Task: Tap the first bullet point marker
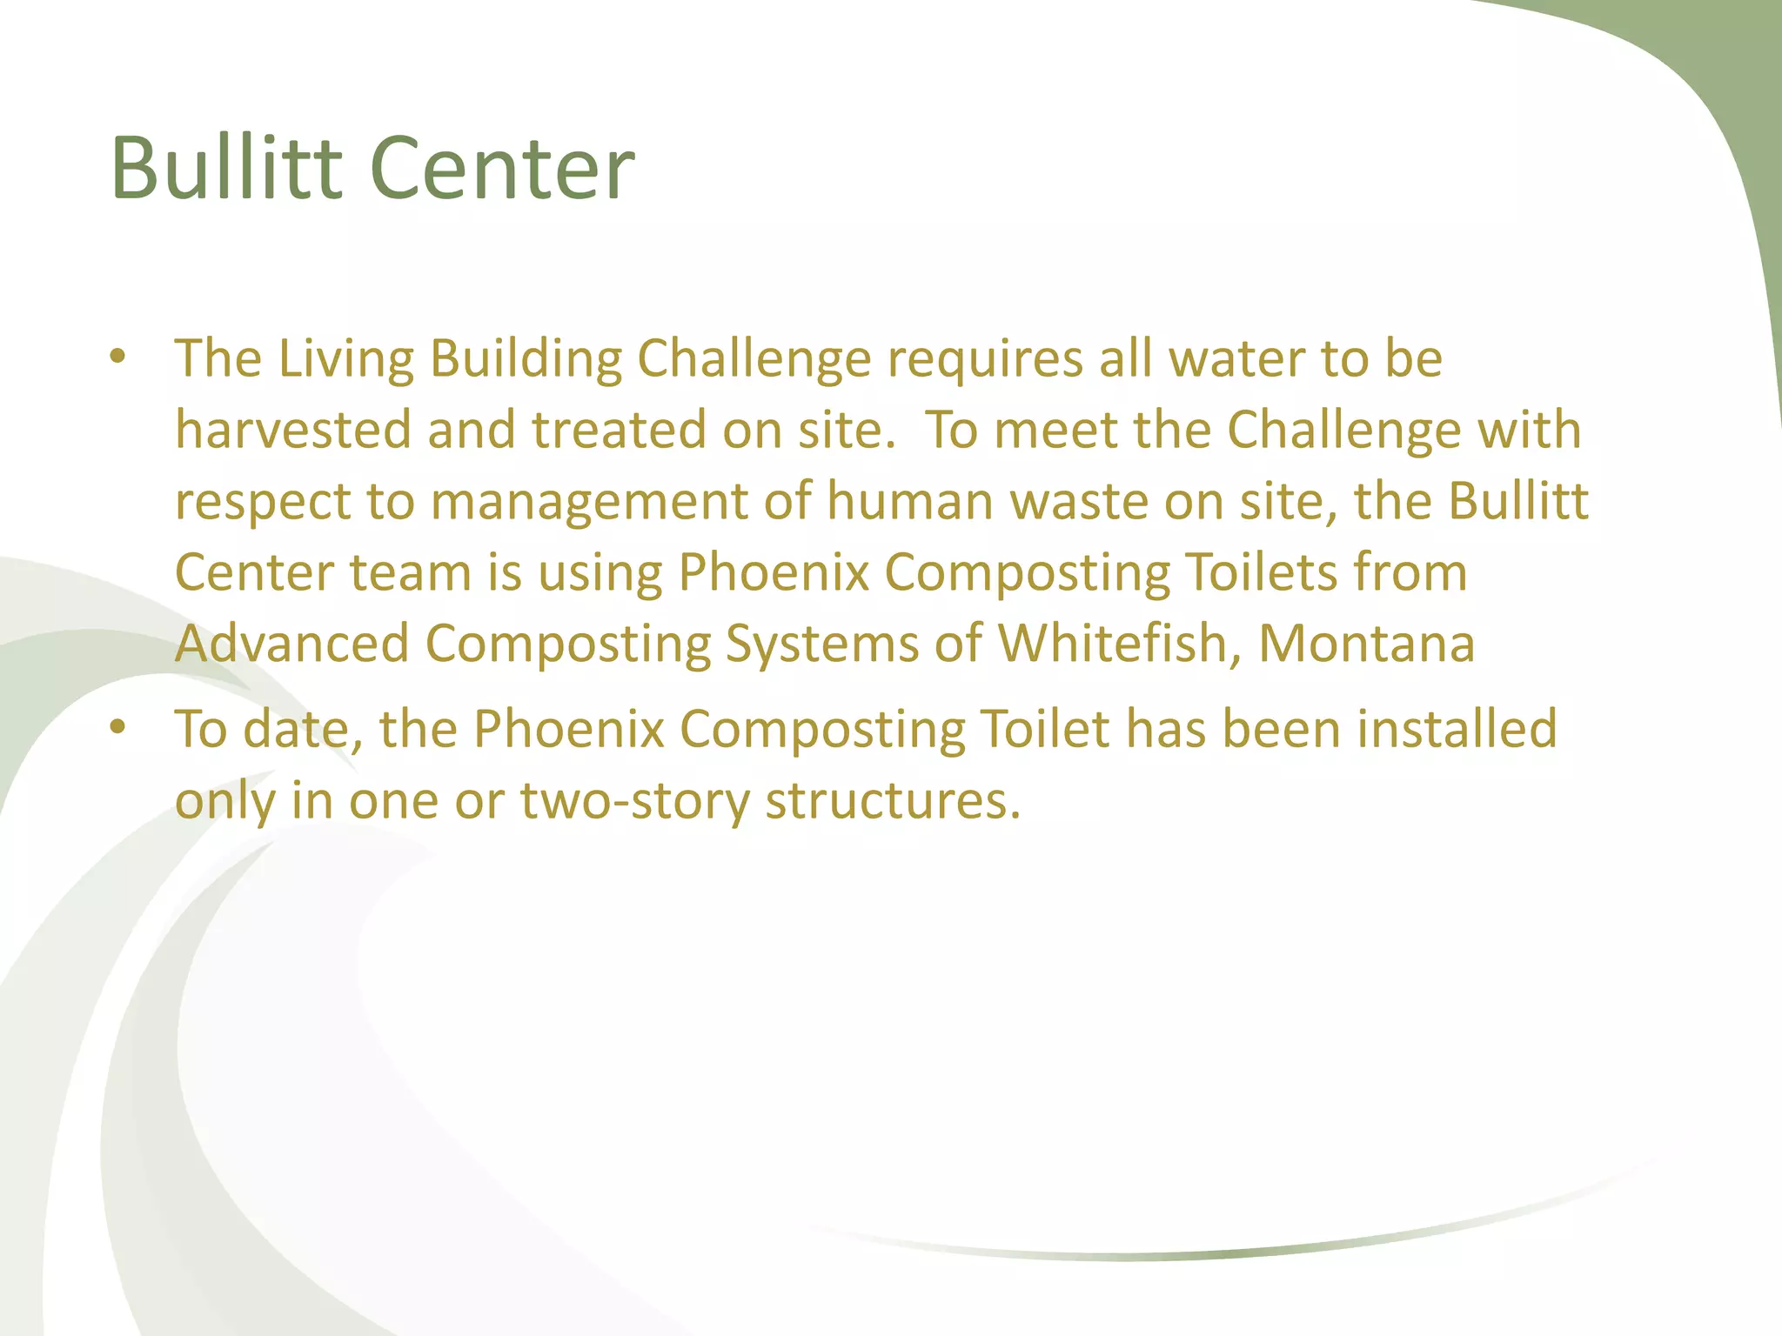118,357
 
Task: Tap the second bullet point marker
118,727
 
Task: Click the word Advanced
292,644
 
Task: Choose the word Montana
1366,644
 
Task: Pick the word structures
892,800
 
